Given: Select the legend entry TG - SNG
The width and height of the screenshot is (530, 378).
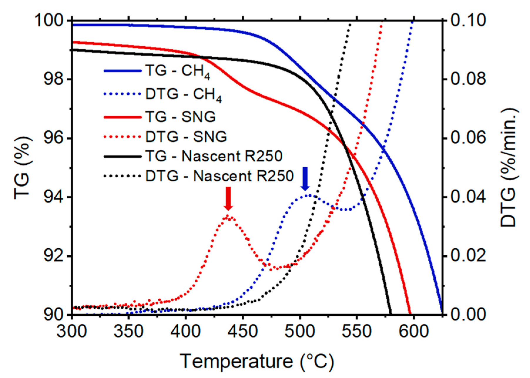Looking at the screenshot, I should tap(180, 117).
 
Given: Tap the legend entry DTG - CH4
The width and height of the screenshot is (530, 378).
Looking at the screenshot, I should tap(183, 95).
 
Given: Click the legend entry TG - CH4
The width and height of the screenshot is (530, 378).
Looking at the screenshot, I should tap(177, 71).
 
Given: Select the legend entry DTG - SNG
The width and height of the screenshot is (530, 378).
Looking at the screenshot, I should tap(186, 136).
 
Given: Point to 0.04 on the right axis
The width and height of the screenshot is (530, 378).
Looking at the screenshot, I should tap(468, 197).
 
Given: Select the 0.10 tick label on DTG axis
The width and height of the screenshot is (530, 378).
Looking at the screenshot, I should tap(468, 21).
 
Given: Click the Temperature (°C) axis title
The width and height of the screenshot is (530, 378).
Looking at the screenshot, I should tap(256, 361).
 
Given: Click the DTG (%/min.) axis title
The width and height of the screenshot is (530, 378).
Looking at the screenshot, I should tap(509, 168).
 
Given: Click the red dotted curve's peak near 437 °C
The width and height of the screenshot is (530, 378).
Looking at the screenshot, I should tap(228, 216).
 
